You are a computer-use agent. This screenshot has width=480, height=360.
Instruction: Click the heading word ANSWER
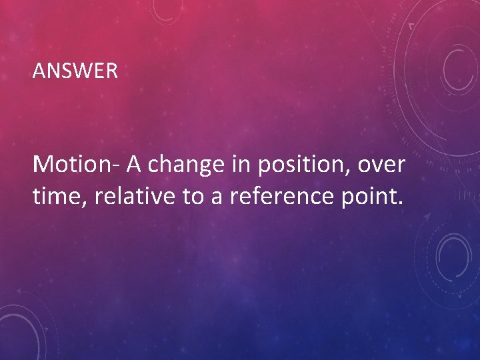click(75, 71)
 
